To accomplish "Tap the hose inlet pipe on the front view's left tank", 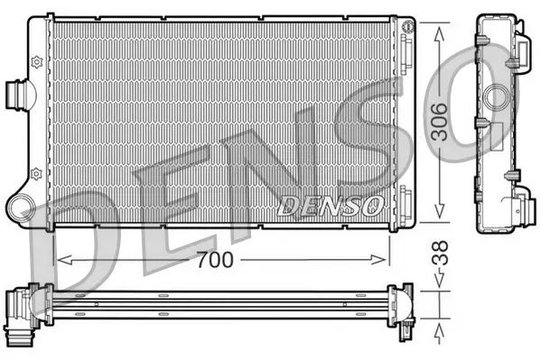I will (17, 94).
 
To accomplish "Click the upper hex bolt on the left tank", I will (36, 61).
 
